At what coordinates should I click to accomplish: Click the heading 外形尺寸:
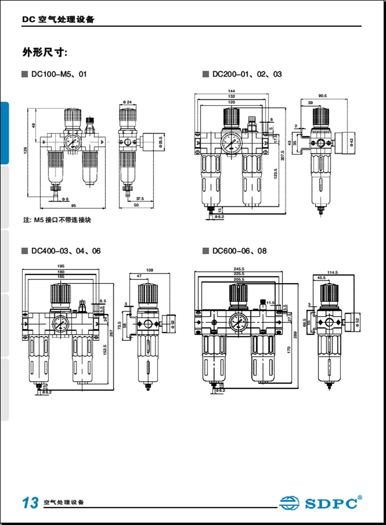(45, 53)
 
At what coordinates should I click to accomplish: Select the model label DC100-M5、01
(58, 74)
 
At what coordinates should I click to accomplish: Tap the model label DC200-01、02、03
(246, 74)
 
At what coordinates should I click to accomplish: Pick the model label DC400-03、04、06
(65, 251)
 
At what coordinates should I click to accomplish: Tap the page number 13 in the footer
(30, 502)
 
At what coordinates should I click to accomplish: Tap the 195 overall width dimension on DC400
(61, 266)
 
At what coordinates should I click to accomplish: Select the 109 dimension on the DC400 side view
(150, 270)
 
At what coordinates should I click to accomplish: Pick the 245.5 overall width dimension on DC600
(238, 268)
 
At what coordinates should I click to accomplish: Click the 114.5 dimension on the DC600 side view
(334, 272)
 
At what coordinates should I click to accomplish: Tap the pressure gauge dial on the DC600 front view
(237, 323)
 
